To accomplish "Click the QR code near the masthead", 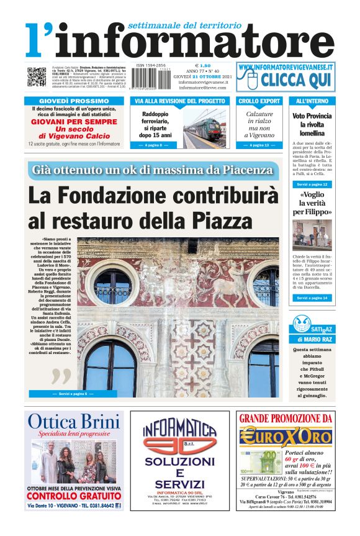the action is pos(36,77).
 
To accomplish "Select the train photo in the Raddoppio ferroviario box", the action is pos(205,128).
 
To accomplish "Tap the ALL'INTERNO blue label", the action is pos(312,101).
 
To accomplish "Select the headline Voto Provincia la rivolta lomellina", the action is pos(312,124).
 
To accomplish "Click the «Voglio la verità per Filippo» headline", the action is pos(312,203).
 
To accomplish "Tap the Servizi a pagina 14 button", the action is pos(312,298).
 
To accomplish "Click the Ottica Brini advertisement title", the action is pos(74,422).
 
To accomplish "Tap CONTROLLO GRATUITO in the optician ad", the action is pos(74,497).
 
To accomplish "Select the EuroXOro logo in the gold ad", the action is pos(285,435).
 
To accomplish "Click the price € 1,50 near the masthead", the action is pos(203,65).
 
